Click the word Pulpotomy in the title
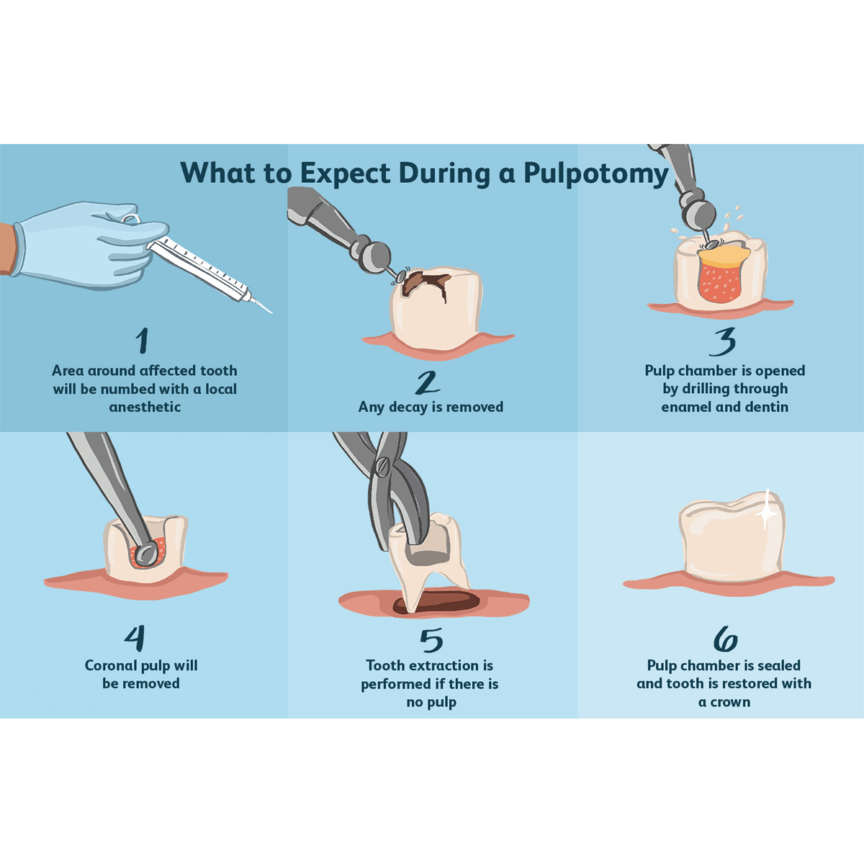click(x=596, y=174)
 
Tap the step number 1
click(x=142, y=340)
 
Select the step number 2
click(x=427, y=382)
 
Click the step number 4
click(x=135, y=638)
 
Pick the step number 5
click(x=431, y=640)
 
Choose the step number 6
click(x=725, y=639)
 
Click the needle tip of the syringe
click(x=271, y=312)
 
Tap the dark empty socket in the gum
click(x=437, y=602)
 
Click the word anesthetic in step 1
click(x=145, y=407)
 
